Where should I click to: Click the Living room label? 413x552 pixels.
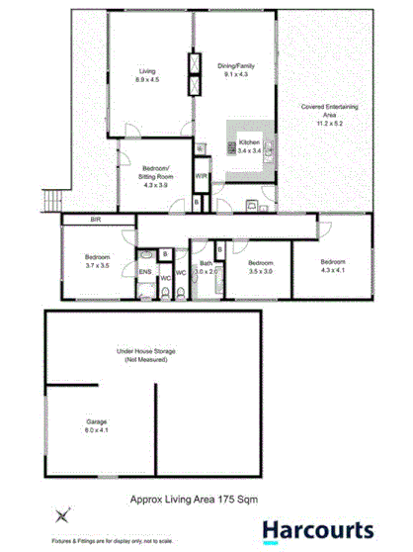point(147,70)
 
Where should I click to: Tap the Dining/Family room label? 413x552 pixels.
point(235,66)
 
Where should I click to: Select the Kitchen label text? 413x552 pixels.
point(251,144)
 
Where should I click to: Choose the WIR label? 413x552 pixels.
point(201,176)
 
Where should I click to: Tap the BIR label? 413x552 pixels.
point(97,219)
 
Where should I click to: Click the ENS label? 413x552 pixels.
point(144,270)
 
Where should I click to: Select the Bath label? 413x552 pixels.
point(206,263)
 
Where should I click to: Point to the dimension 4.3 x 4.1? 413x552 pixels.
point(334,268)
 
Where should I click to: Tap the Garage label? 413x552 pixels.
point(96,421)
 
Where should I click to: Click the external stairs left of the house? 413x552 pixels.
point(42,203)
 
